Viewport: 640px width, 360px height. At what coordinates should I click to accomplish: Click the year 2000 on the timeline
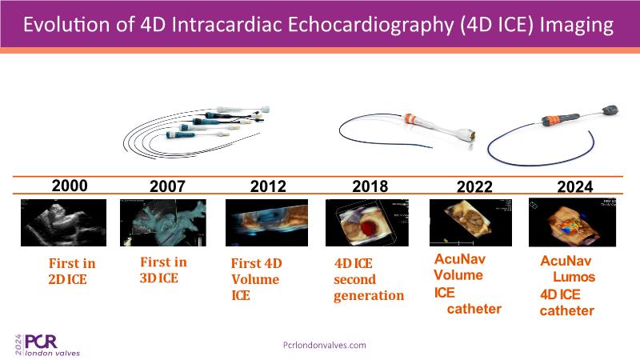point(70,186)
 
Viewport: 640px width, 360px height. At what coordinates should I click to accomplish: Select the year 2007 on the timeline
point(167,186)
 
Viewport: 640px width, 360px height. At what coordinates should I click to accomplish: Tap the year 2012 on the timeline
point(268,186)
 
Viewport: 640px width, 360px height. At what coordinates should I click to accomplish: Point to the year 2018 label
point(370,186)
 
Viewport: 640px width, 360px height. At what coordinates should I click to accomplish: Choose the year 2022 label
point(474,187)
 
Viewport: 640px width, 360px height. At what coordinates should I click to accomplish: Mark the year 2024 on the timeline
point(574,187)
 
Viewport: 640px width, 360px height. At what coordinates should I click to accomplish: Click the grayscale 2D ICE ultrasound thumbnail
point(64,223)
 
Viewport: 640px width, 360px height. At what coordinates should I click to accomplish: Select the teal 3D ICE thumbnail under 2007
point(163,223)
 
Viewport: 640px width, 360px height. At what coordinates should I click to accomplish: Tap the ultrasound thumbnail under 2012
point(267,223)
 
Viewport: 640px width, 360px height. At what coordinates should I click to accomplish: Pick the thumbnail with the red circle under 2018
point(367,223)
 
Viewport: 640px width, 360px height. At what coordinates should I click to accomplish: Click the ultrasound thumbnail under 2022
point(470,223)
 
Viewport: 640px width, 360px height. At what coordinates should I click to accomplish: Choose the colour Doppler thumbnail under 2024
point(572,222)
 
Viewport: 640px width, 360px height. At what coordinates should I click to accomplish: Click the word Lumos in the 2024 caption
point(574,277)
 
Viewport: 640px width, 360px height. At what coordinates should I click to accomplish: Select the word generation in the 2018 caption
point(369,296)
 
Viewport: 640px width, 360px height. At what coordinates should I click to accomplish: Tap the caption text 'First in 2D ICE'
point(72,271)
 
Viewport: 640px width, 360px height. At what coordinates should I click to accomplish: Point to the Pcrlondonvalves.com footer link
point(325,346)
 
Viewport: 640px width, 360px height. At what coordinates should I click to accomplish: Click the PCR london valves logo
point(47,345)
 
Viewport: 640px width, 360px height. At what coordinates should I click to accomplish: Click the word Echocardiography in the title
point(370,25)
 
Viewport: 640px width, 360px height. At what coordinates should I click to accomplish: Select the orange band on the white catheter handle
point(410,119)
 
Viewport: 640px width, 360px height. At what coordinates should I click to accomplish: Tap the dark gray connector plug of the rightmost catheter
point(610,110)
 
